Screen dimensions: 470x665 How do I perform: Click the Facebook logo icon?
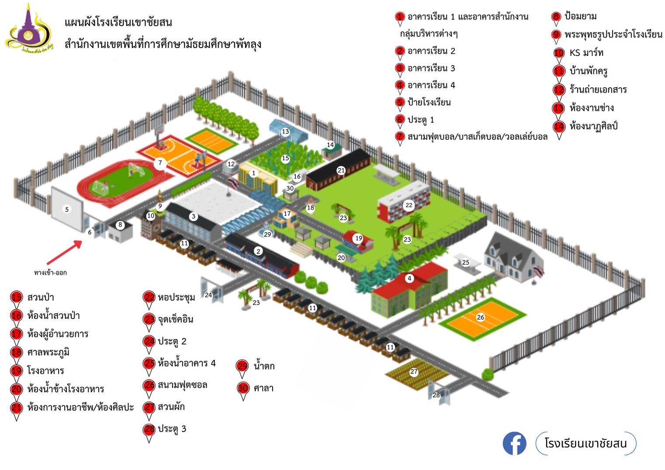pyautogui.click(x=514, y=443)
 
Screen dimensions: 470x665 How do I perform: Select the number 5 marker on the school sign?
pyautogui.click(x=67, y=209)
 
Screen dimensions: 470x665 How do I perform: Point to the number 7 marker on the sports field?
pyautogui.click(x=160, y=163)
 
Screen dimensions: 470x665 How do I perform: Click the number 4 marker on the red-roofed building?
pyautogui.click(x=409, y=278)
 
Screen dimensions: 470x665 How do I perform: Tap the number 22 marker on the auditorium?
pyautogui.click(x=409, y=205)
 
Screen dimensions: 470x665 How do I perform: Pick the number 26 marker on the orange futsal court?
pyautogui.click(x=481, y=317)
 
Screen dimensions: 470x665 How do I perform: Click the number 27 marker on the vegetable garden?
pyautogui.click(x=414, y=372)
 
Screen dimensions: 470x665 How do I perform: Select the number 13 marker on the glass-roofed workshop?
pyautogui.click(x=285, y=131)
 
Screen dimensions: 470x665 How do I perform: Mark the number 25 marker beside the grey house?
pyautogui.click(x=466, y=263)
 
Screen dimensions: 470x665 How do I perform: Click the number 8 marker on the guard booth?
pyautogui.click(x=120, y=225)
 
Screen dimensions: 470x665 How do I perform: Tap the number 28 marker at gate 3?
pyautogui.click(x=436, y=395)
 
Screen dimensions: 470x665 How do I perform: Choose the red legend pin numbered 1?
pyautogui.click(x=400, y=17)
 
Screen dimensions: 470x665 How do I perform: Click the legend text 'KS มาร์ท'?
pyautogui.click(x=586, y=53)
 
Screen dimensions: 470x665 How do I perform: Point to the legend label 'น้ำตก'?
pyautogui.click(x=264, y=366)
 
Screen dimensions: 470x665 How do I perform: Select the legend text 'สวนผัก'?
pyautogui.click(x=171, y=407)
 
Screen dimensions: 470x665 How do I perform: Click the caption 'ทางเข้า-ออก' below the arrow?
pyautogui.click(x=50, y=273)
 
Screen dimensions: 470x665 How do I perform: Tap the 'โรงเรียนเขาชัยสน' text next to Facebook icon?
pyautogui.click(x=585, y=443)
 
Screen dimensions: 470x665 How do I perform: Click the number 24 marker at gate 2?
pyautogui.click(x=208, y=295)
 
